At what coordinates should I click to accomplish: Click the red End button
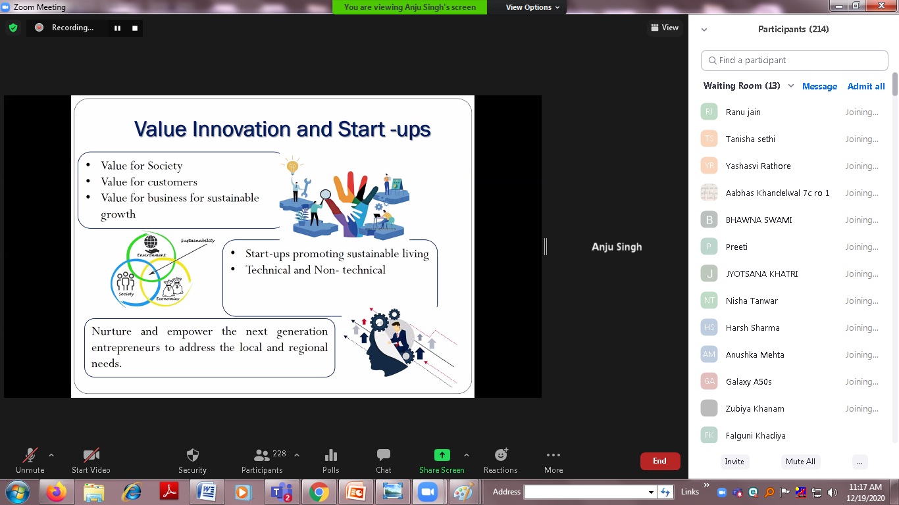pyautogui.click(x=660, y=461)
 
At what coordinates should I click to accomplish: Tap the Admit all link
pyautogui.click(x=865, y=86)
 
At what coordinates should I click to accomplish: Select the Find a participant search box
pyautogui.click(x=794, y=60)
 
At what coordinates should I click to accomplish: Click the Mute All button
pyautogui.click(x=800, y=462)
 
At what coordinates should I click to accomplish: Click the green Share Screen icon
pyautogui.click(x=442, y=455)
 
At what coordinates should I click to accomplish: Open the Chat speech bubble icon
pyautogui.click(x=383, y=455)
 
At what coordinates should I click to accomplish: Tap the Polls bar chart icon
pyautogui.click(x=330, y=455)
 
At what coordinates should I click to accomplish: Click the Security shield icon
pyautogui.click(x=193, y=455)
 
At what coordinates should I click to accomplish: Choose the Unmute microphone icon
pyautogui.click(x=30, y=455)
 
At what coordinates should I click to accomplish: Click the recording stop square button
pyautogui.click(x=135, y=28)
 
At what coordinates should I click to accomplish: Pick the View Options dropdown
pyautogui.click(x=532, y=7)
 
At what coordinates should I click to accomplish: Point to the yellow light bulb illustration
pyautogui.click(x=293, y=165)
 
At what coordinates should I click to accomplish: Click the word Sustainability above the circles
pyautogui.click(x=197, y=240)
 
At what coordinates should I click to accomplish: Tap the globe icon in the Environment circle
pyautogui.click(x=151, y=242)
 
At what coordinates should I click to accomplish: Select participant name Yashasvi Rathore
pyautogui.click(x=758, y=166)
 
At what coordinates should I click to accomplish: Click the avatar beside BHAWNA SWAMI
pyautogui.click(x=709, y=220)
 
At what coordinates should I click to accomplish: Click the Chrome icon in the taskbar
pyautogui.click(x=319, y=492)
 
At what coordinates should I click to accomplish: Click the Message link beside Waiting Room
pyautogui.click(x=819, y=86)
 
